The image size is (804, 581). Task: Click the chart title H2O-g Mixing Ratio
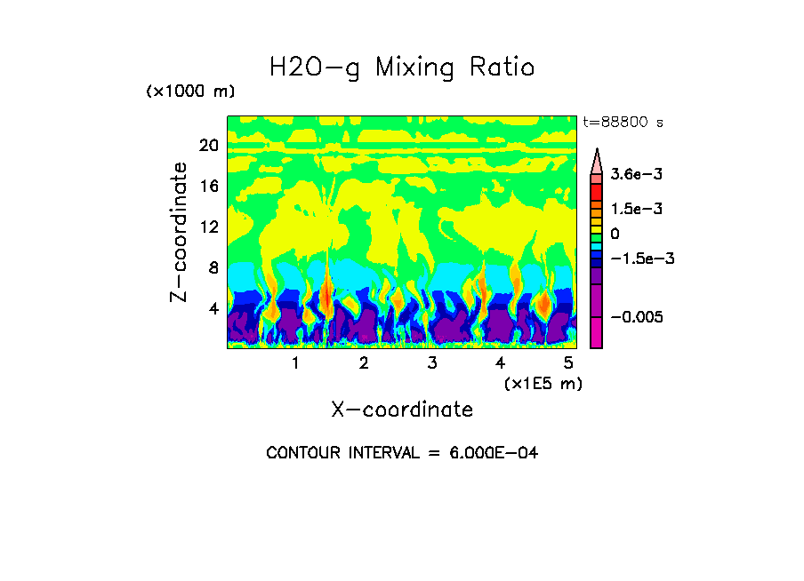coord(402,68)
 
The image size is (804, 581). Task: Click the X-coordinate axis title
coord(402,410)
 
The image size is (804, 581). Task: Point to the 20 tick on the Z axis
coord(209,146)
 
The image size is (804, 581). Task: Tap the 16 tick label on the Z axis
coord(209,187)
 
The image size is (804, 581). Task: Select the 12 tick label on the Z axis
coord(209,227)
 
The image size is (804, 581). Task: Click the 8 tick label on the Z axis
coord(213,267)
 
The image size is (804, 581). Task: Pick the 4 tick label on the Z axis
coord(213,308)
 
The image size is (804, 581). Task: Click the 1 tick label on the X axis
coord(295,363)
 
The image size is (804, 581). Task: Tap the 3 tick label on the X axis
coord(431,363)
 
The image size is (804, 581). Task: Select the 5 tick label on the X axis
coord(568,363)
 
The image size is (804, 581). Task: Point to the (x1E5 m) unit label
coord(543,383)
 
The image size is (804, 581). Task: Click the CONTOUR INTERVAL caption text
coord(402,453)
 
